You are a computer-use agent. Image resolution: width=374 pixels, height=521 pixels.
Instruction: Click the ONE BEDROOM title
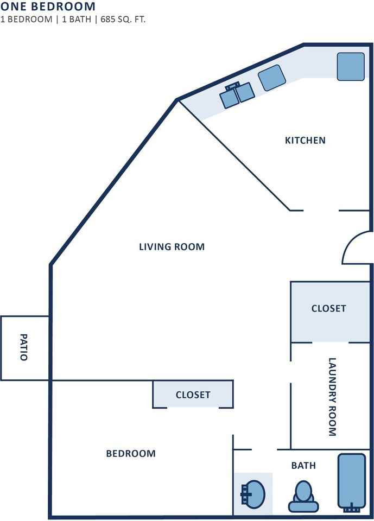coord(48,7)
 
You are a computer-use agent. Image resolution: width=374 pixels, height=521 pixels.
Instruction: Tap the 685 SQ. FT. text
coord(123,19)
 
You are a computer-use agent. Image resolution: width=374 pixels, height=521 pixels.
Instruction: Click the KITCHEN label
coord(305,140)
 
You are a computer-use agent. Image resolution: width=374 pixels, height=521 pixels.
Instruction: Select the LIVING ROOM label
coord(172,247)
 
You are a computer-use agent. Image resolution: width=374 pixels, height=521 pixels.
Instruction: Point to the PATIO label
coord(23,347)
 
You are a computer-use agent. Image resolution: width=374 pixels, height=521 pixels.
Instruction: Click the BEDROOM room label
coord(131,454)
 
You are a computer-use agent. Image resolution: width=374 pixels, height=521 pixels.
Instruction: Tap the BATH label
coord(303,466)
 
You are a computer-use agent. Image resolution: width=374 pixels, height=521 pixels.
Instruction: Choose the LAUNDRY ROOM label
coord(332,397)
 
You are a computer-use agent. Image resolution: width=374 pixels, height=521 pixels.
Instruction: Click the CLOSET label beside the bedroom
coord(193,395)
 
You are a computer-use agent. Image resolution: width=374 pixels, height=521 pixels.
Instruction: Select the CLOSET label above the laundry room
coord(328,308)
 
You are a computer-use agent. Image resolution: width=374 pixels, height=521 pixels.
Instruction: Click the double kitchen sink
coord(237,94)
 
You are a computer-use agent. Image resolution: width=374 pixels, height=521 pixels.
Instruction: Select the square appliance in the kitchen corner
coord(351,66)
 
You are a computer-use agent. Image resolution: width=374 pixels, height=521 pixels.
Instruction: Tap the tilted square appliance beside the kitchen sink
coord(272,78)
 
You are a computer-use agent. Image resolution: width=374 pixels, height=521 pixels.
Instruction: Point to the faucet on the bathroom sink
coord(245,494)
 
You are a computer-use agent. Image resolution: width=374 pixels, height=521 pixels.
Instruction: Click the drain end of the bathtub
coord(352,509)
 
